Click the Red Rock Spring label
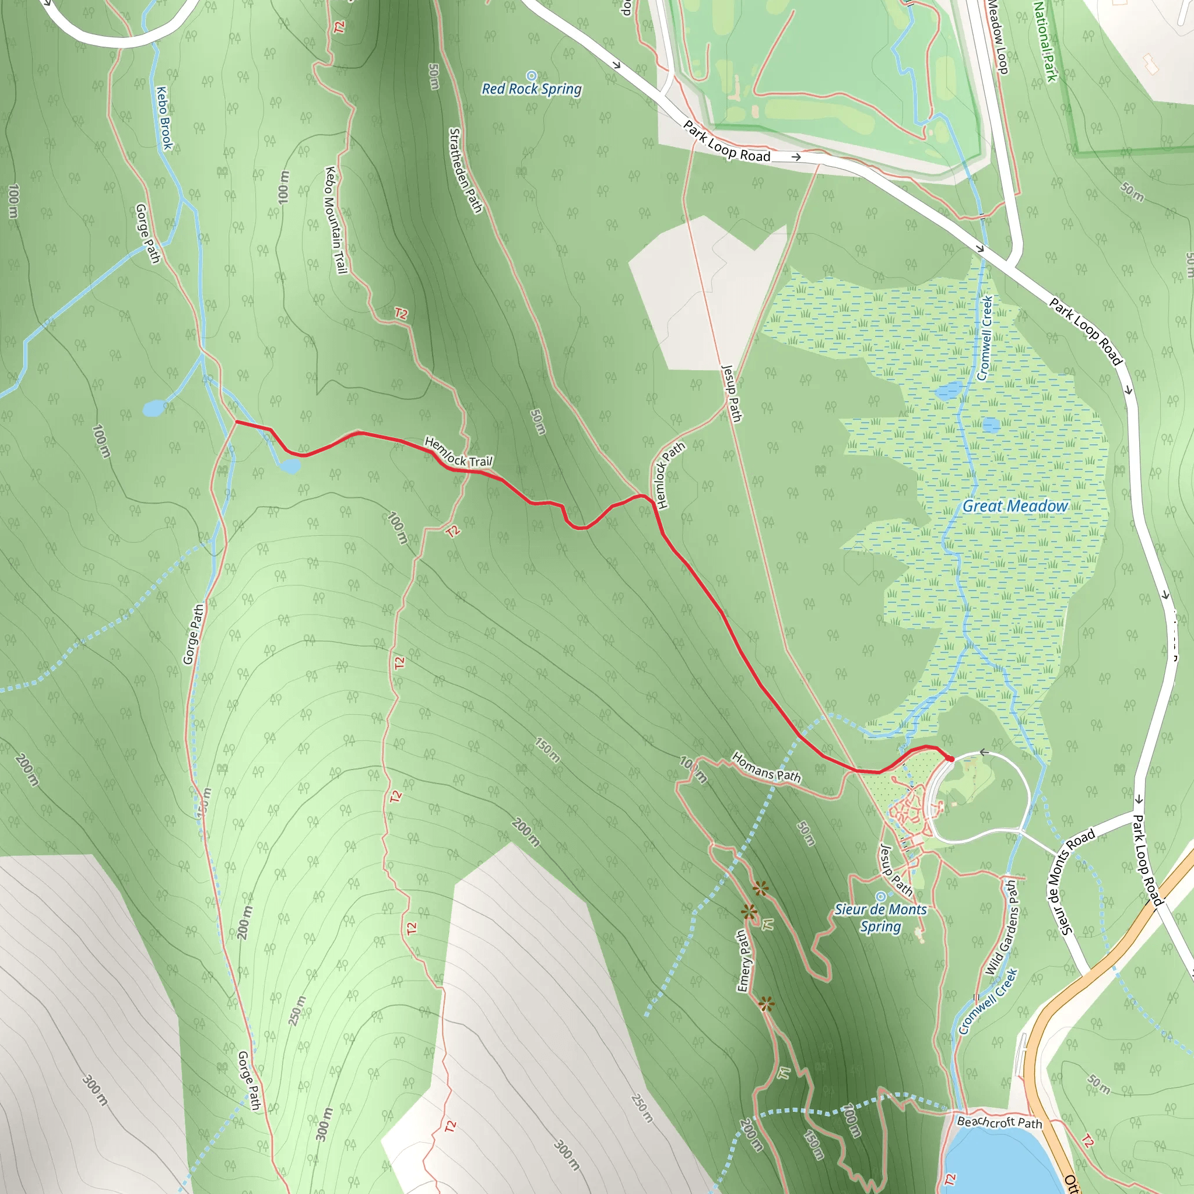[532, 90]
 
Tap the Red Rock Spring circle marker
[532, 76]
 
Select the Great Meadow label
[1015, 506]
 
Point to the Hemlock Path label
[670, 475]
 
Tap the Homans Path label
[765, 767]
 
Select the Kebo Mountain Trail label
[336, 220]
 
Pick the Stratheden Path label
[465, 171]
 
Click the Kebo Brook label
[164, 118]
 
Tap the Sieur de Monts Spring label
[881, 918]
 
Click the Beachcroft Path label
[999, 1122]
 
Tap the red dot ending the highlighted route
[950, 758]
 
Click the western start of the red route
[237, 422]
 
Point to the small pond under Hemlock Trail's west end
[289, 465]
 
